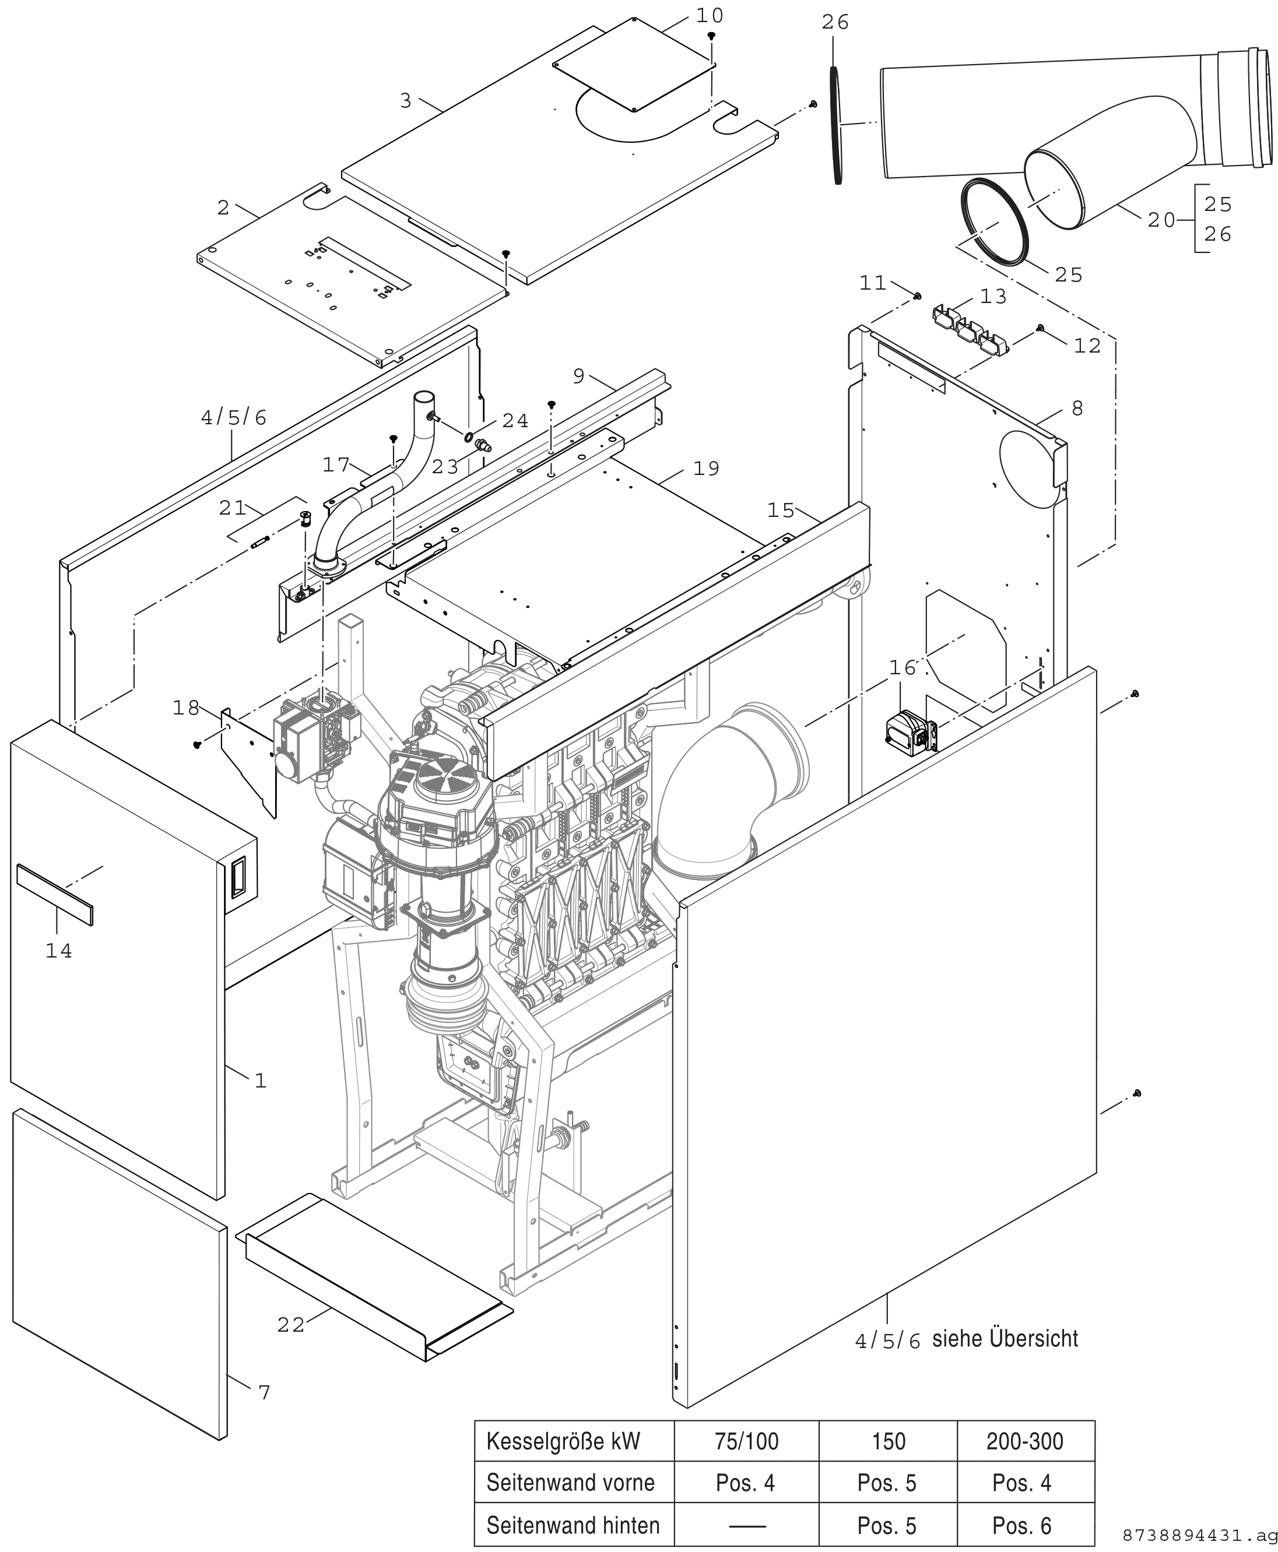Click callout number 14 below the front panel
[x=59, y=952]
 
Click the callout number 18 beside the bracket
[x=186, y=708]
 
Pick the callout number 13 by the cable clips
[x=993, y=297]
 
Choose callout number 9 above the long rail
[x=578, y=376]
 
